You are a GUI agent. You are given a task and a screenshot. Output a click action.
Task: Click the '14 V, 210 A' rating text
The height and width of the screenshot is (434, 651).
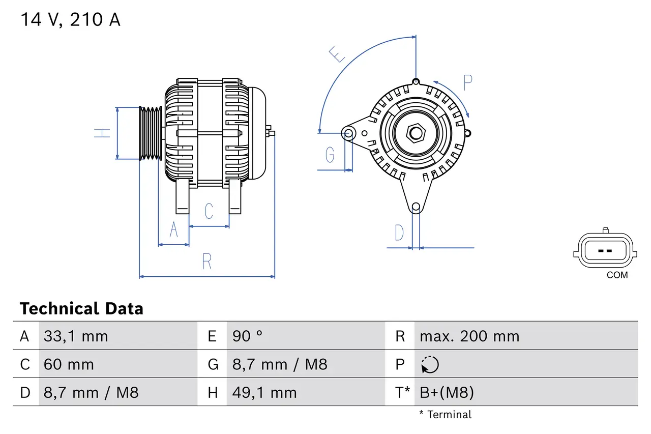[70, 20]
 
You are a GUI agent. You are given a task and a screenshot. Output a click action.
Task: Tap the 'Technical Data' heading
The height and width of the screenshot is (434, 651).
[81, 308]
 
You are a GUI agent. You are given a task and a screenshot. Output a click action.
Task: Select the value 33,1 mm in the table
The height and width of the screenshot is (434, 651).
[76, 336]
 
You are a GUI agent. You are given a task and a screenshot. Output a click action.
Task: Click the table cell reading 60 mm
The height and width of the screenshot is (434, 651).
[69, 364]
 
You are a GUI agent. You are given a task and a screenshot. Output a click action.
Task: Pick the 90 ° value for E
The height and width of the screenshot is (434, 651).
[248, 336]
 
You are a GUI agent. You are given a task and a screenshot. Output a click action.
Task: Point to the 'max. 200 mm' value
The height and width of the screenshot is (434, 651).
[469, 336]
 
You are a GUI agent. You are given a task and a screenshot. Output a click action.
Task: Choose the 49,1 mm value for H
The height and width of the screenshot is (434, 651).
[264, 392]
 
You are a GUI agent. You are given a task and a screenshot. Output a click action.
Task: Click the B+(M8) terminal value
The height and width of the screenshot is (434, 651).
[447, 392]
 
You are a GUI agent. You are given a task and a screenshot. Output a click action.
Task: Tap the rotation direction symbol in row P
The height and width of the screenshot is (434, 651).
[430, 364]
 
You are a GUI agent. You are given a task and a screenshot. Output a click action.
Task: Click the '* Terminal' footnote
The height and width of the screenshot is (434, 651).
[445, 414]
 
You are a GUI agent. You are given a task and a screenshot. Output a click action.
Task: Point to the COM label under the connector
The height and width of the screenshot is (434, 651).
[617, 275]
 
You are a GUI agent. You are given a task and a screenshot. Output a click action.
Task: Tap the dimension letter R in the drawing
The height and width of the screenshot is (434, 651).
[206, 261]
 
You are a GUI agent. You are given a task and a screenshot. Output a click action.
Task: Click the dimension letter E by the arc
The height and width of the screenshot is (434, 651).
[337, 54]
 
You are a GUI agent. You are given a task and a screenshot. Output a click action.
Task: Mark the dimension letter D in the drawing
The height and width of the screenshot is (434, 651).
[399, 233]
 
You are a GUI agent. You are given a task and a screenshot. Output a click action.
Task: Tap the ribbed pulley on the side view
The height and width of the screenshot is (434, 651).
[151, 133]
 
